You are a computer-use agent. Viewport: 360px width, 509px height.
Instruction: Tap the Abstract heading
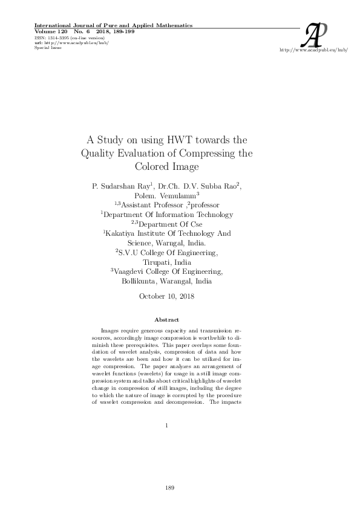pyautogui.click(x=166, y=319)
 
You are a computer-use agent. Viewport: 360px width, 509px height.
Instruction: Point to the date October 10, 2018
pyautogui.click(x=166, y=296)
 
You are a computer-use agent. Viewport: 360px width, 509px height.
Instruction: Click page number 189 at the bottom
pyautogui.click(x=169, y=487)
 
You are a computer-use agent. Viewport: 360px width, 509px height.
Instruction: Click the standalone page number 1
pyautogui.click(x=166, y=426)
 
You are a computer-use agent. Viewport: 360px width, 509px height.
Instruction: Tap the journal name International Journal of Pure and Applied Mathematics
pyautogui.click(x=114, y=25)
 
